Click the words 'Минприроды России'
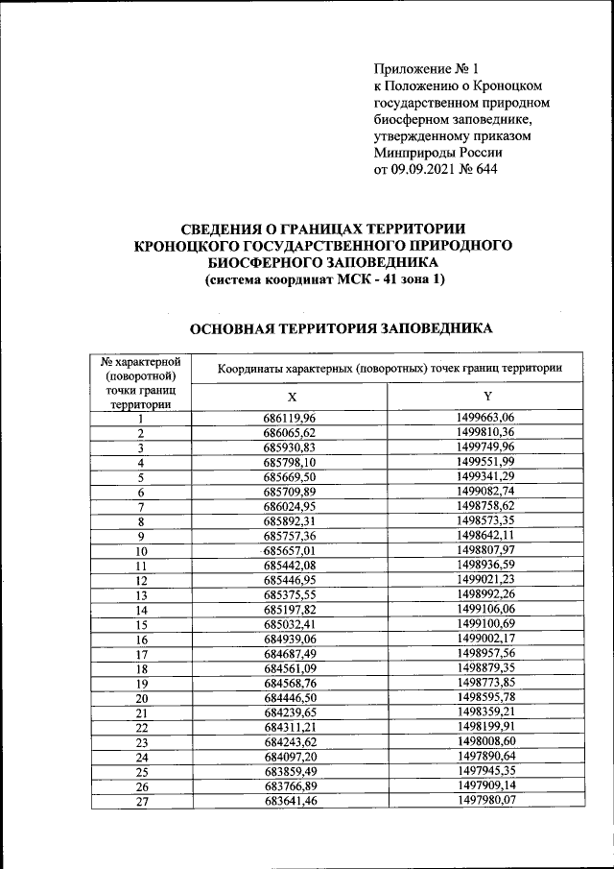437,152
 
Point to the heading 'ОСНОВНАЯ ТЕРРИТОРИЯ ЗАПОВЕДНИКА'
341,329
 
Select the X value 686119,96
290,418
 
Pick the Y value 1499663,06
487,418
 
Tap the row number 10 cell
141,551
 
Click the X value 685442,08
290,566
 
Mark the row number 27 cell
141,803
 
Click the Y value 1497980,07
487,803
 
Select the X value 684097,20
290,758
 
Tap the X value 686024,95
290,506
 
